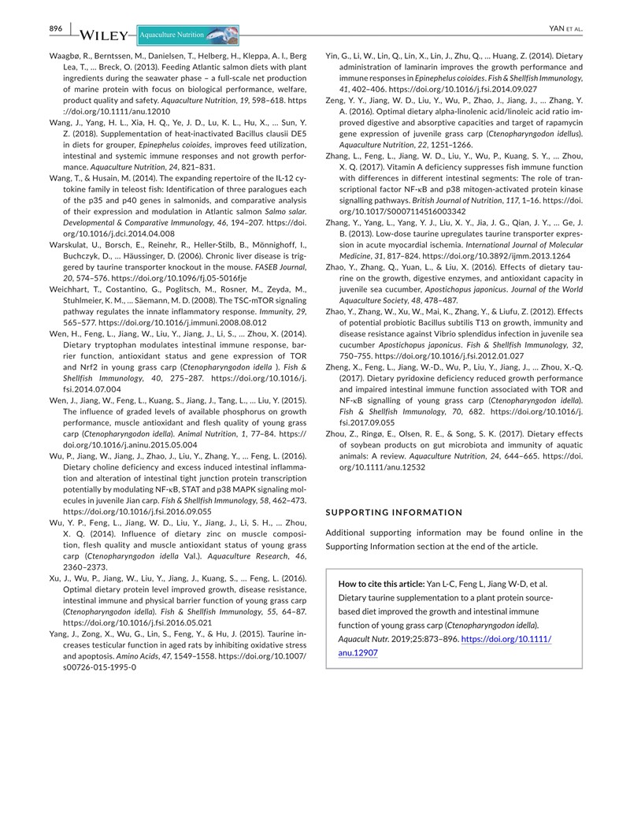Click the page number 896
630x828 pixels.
[56, 28]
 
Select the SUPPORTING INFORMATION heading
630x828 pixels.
[395, 512]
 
